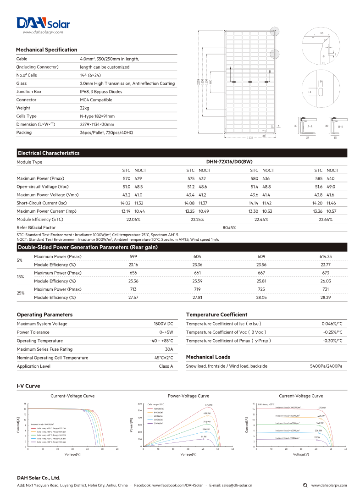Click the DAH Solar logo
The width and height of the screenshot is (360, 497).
43,23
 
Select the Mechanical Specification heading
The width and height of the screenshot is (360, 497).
46,50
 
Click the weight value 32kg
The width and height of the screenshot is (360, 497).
84,108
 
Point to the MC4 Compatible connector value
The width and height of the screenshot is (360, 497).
96,99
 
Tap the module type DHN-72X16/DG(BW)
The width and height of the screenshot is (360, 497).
229,162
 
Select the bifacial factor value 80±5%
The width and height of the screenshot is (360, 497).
229,227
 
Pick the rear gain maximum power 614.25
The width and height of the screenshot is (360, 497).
325,256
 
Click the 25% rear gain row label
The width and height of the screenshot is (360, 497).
21,293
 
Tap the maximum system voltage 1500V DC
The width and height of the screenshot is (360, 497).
164,324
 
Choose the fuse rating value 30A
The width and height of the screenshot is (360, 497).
169,349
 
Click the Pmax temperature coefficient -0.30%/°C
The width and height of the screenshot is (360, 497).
332,341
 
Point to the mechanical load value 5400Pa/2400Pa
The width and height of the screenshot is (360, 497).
326,366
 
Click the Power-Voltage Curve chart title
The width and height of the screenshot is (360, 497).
188,396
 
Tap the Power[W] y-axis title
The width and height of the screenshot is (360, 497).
132,425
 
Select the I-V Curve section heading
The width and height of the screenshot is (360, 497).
28,386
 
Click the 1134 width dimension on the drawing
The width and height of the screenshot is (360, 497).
250,138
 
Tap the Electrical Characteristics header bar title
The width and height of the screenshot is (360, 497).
49,153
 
